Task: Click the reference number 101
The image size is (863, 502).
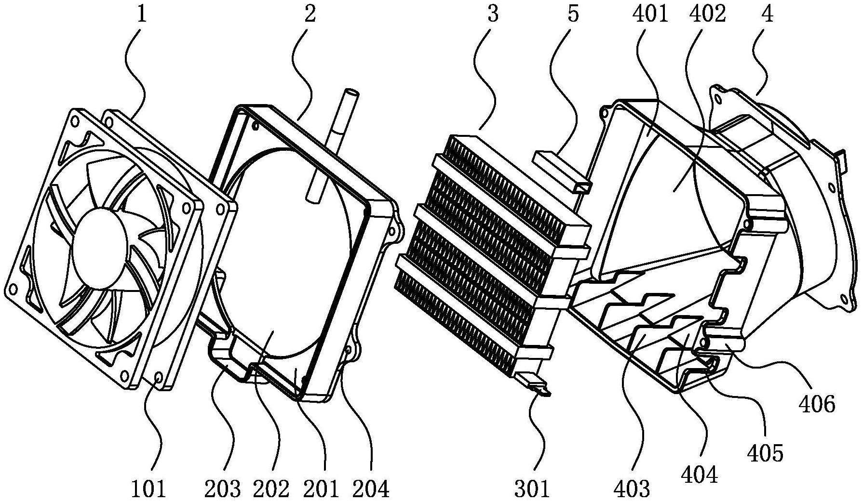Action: (148, 489)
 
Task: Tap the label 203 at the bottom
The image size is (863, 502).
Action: (222, 489)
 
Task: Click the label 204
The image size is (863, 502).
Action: (371, 489)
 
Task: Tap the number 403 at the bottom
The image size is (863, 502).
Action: (632, 489)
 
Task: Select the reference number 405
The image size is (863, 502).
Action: (766, 453)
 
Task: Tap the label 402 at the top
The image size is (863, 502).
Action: (708, 14)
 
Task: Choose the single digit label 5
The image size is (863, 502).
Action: (573, 14)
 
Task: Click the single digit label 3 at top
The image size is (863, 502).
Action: (492, 14)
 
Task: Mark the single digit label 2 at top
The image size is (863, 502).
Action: (310, 14)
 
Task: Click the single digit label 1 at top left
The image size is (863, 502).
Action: (142, 14)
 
